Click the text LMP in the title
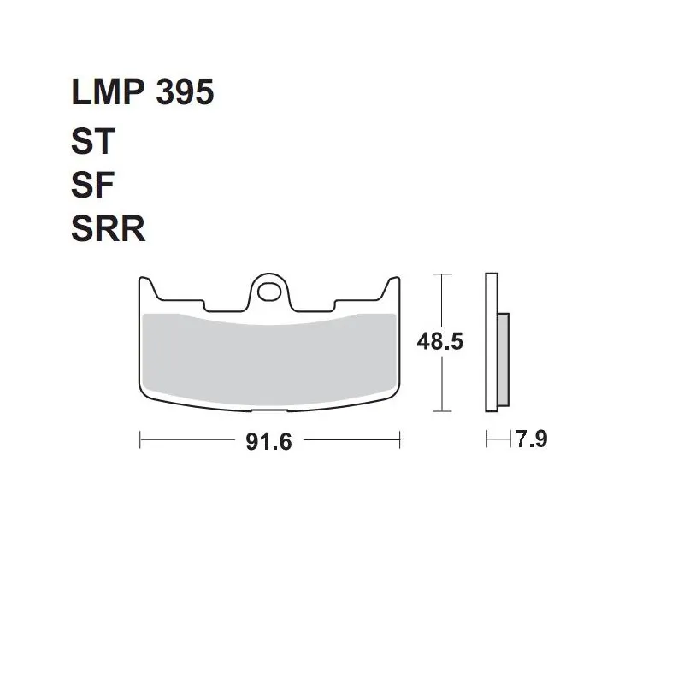[x=108, y=92]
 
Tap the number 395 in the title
[x=185, y=92]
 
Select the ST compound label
[x=93, y=141]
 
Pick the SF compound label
[x=92, y=185]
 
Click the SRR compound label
[x=109, y=228]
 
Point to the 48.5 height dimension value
[x=439, y=341]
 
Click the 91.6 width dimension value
[x=268, y=441]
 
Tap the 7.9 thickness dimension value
[x=531, y=439]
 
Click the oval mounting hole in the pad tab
[x=269, y=292]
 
